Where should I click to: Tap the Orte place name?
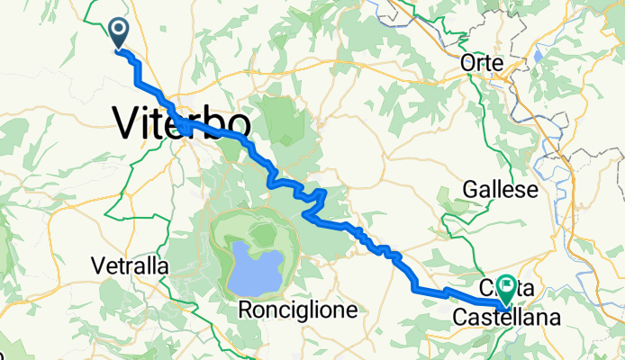[480, 63]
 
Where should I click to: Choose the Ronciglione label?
[299, 310]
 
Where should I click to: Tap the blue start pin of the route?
[118, 34]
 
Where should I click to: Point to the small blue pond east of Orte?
[539, 55]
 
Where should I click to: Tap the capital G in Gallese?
[469, 190]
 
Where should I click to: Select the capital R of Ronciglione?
[246, 310]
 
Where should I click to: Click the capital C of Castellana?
[458, 317]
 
